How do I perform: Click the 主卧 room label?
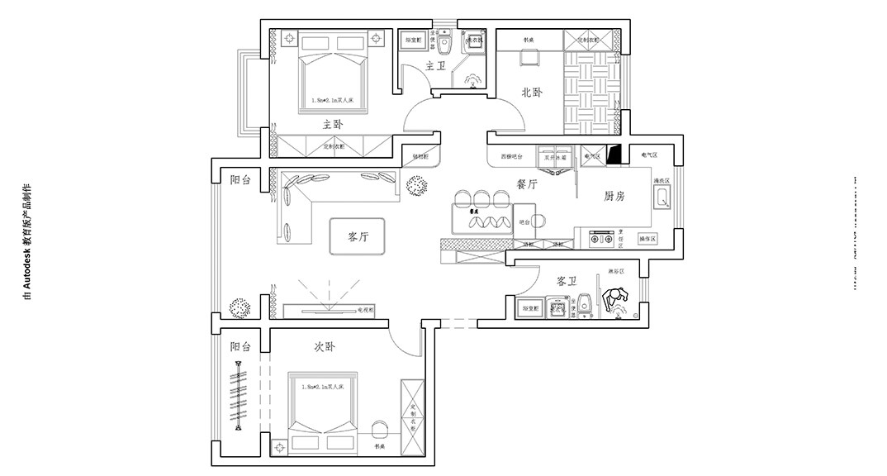pos(333,124)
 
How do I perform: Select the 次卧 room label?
pos(325,347)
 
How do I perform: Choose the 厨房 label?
pos(614,197)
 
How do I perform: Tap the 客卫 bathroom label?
pos(566,281)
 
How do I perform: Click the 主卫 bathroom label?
pos(435,65)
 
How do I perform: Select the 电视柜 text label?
pos(367,310)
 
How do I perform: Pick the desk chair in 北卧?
pos(528,57)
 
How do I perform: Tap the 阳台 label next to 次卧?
pos(240,347)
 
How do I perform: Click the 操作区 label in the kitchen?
pos(647,239)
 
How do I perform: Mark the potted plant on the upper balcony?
pos(240,307)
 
